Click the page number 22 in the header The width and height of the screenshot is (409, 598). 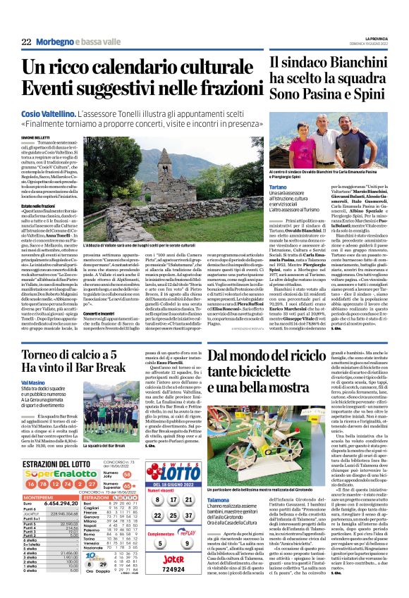tap(25, 42)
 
